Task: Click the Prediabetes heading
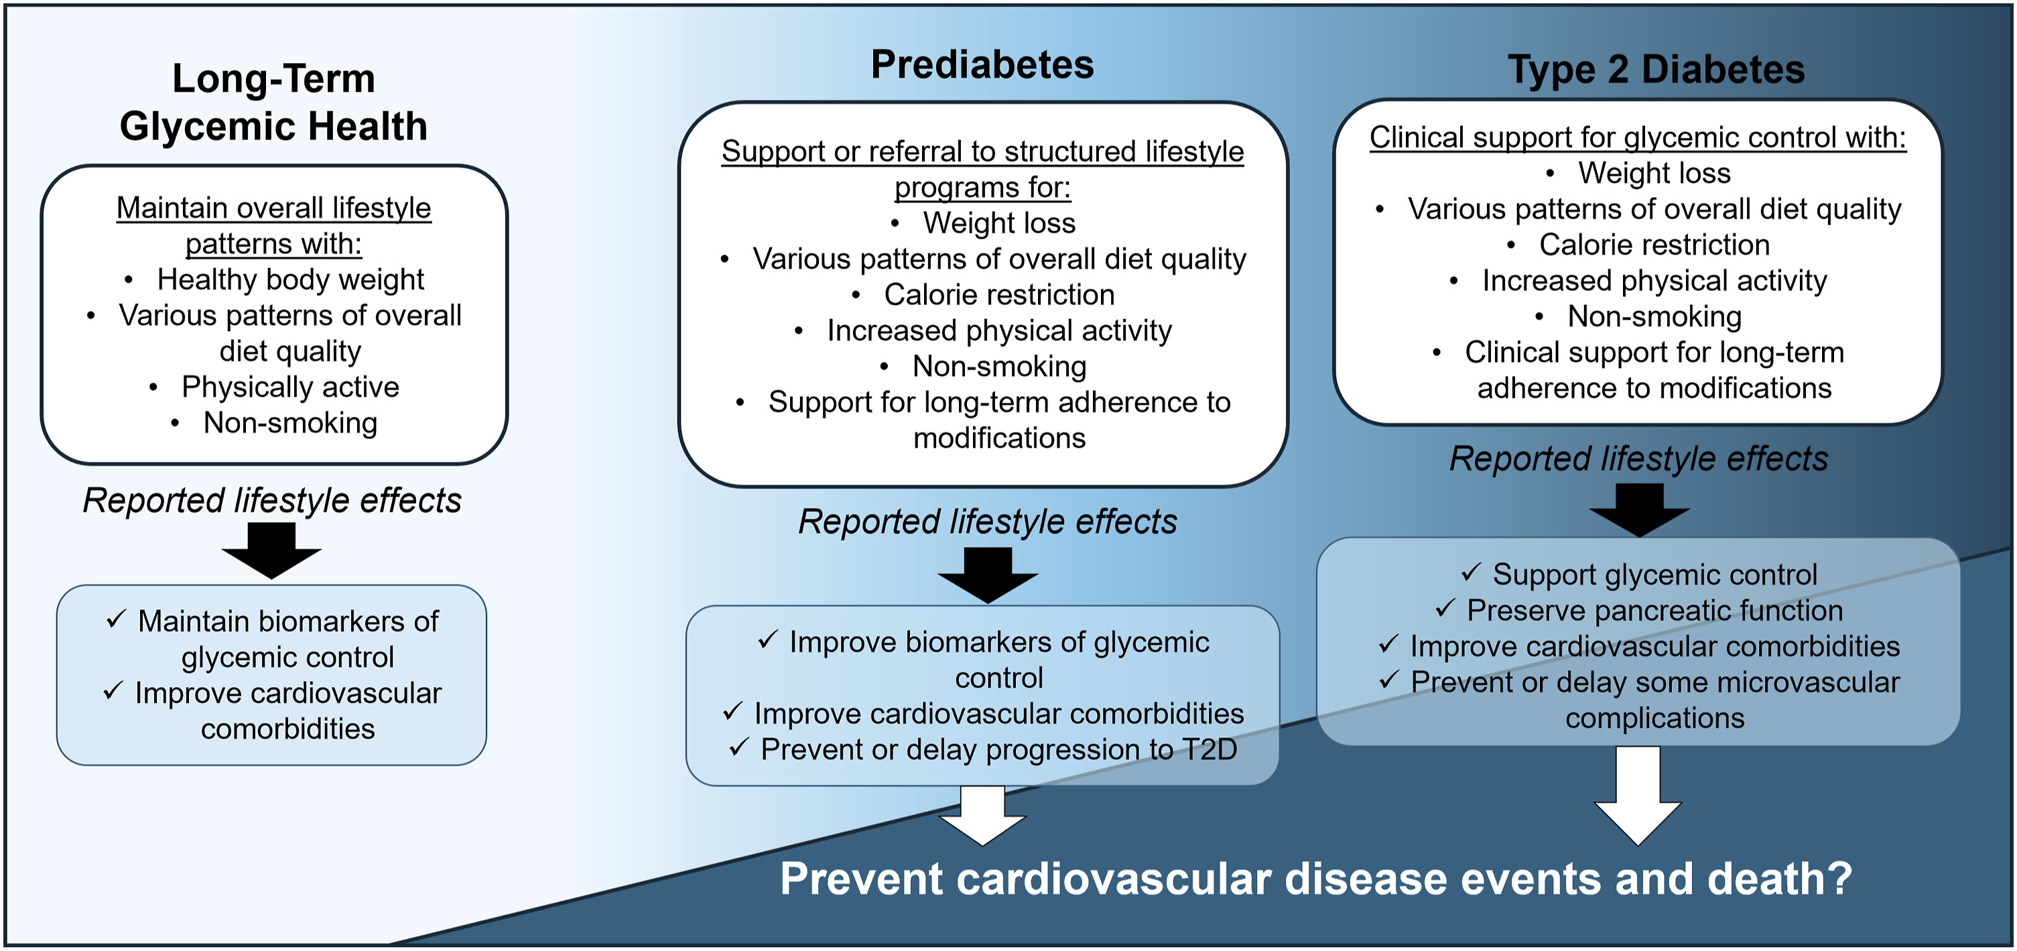coord(982,64)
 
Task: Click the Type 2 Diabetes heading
coord(1656,70)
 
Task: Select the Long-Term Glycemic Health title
coord(273,102)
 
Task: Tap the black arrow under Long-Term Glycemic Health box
coord(271,551)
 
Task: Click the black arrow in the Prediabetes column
coord(988,575)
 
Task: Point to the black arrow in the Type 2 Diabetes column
coord(1640,510)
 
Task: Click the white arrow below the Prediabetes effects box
coord(982,816)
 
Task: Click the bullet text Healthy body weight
coord(291,279)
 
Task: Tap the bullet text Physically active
coord(291,387)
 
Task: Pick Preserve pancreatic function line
coord(1654,611)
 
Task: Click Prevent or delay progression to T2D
coord(999,750)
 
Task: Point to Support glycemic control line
coord(1654,574)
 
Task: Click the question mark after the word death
coord(1841,878)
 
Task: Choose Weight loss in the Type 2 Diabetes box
coord(1654,173)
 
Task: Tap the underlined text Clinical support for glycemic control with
coord(1638,138)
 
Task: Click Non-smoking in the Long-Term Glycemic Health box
coord(291,423)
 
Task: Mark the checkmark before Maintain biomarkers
coord(116,619)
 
